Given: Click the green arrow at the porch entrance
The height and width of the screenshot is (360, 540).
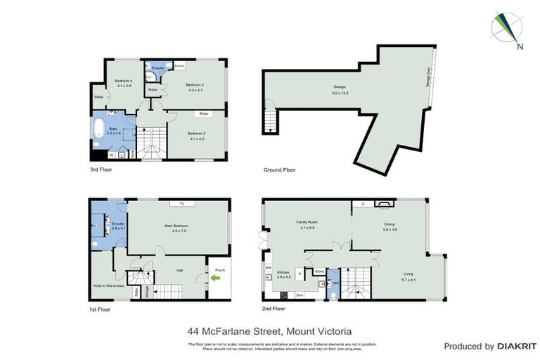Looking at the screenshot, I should (214, 278).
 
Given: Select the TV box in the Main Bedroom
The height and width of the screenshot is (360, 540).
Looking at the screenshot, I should (181, 203).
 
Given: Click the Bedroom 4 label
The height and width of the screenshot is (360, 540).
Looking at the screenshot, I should (123, 81).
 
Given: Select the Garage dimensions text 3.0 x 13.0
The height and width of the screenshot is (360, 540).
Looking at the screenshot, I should (340, 93).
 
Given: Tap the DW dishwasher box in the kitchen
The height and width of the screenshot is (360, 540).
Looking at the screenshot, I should (268, 267).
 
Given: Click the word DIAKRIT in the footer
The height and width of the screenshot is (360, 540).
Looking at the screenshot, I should (517, 346).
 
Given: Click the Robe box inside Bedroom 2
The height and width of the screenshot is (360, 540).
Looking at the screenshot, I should (203, 113).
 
